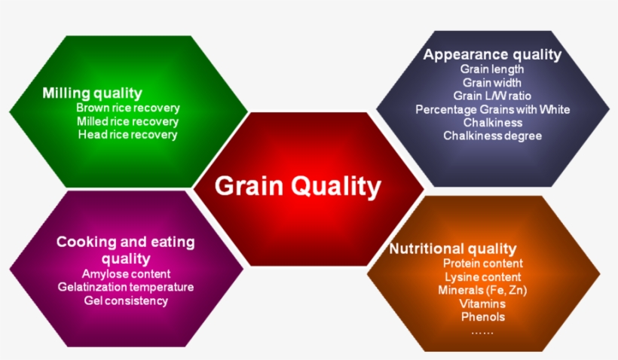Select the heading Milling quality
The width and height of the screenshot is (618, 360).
pos(92,93)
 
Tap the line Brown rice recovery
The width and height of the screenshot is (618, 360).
pos(127,108)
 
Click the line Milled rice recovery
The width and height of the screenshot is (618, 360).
pos(127,121)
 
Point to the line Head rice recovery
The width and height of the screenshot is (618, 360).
pos(127,135)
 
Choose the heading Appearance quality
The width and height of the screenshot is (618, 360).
pos(492,54)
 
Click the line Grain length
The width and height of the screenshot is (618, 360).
pos(492,69)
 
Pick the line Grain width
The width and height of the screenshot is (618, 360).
pos(492,82)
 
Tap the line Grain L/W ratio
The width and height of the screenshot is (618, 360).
pos(492,96)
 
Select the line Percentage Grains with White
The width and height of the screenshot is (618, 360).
pos(492,109)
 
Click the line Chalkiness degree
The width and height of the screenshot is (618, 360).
pos(492,136)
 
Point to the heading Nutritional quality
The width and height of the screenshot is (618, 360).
pos(453,249)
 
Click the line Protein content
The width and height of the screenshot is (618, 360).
pos(482,264)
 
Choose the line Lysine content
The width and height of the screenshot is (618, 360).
pos(482,277)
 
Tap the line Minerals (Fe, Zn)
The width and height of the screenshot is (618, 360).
pos(482,291)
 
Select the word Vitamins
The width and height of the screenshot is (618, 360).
pos(482,304)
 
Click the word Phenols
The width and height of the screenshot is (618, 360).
pos(482,317)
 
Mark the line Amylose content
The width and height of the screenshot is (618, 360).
pos(126,274)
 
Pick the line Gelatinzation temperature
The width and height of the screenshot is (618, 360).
pos(126,287)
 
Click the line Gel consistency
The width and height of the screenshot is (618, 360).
pos(126,301)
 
